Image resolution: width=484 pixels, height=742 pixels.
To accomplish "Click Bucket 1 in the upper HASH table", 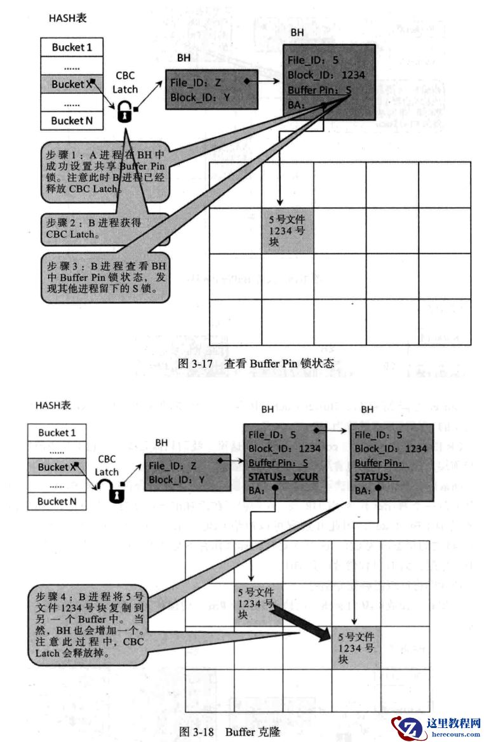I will click(72, 47).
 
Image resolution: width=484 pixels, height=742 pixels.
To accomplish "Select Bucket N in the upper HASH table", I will click(72, 120).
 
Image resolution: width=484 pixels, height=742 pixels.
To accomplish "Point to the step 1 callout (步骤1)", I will click(104, 172).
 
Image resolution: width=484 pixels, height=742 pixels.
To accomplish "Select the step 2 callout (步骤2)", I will click(104, 229).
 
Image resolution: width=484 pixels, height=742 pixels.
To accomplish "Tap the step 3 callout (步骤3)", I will click(104, 278).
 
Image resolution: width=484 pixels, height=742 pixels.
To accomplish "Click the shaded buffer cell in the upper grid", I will click(288, 231).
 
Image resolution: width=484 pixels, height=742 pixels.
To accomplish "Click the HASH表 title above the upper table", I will click(67, 18).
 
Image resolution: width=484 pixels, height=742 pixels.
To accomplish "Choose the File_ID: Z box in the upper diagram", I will click(211, 89).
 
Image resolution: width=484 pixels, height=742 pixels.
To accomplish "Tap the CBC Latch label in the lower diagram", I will click(107, 465).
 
